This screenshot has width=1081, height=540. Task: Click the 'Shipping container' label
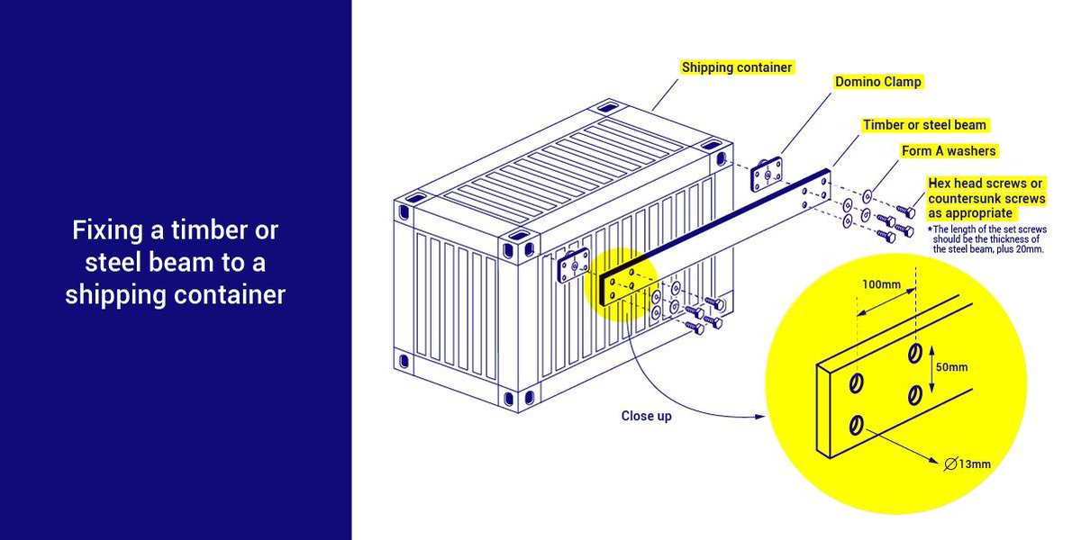pyautogui.click(x=737, y=67)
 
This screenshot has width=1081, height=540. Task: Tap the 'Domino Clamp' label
pyautogui.click(x=878, y=82)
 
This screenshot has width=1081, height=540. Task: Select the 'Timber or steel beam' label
pyautogui.click(x=924, y=125)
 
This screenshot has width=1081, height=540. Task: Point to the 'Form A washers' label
pyautogui.click(x=949, y=151)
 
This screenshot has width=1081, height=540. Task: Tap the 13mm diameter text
pyautogui.click(x=976, y=464)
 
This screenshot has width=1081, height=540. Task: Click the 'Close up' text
pyautogui.click(x=646, y=417)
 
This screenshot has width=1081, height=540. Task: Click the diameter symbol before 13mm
pyautogui.click(x=952, y=464)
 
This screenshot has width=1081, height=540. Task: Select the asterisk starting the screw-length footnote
pyautogui.click(x=929, y=229)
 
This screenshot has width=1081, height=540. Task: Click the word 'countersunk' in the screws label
pyautogui.click(x=963, y=198)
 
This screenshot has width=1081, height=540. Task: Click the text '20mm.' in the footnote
pyautogui.click(x=1030, y=249)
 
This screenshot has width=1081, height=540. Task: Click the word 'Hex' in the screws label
pyautogui.click(x=940, y=183)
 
